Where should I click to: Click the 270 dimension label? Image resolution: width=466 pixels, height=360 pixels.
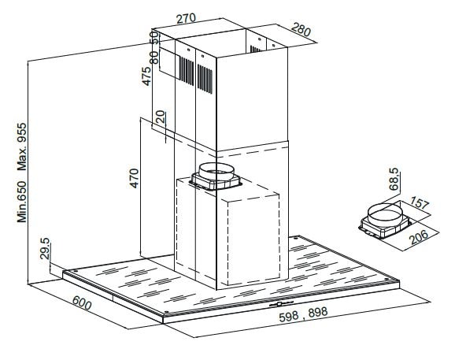(186, 18)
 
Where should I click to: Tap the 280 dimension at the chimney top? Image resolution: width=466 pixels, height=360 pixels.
(301, 30)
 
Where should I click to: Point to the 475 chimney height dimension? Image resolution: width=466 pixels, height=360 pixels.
(146, 76)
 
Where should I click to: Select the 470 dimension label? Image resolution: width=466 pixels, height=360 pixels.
(134, 178)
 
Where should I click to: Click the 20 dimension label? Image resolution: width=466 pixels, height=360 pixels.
(161, 117)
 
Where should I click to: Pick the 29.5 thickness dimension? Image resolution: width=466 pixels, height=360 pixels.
(45, 248)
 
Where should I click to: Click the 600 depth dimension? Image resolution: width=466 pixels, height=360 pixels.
(82, 302)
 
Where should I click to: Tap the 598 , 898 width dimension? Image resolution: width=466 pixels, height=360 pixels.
(303, 314)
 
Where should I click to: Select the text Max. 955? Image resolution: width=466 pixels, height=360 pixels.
(22, 147)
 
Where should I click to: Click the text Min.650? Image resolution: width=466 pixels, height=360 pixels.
(22, 202)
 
